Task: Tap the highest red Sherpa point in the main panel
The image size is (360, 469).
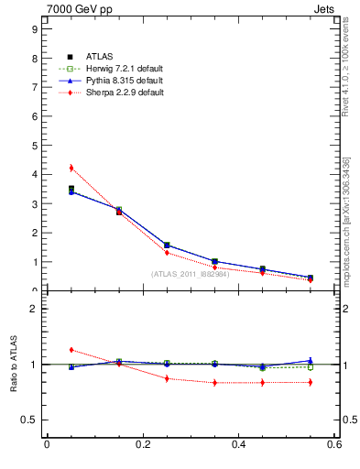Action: click(x=71, y=168)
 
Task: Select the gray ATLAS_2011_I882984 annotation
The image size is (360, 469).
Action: click(x=190, y=274)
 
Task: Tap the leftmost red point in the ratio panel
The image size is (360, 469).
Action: click(x=71, y=350)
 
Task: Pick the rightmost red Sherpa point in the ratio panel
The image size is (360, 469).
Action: click(x=311, y=382)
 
